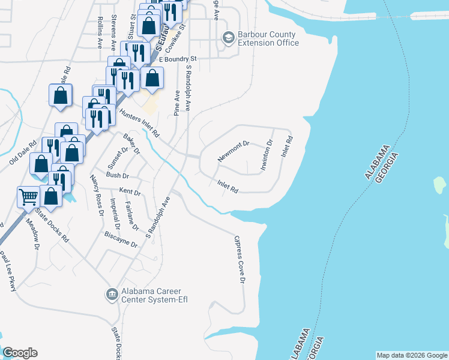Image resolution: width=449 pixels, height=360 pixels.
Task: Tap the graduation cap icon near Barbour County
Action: (228, 38)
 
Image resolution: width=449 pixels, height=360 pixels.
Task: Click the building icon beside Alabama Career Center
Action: (112, 295)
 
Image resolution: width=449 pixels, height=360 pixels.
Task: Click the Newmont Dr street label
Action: (233, 151)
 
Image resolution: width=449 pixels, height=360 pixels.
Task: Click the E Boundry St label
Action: (178, 59)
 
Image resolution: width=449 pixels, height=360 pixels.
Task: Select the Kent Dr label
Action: (130, 192)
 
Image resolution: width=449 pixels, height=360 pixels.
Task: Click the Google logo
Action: (20, 353)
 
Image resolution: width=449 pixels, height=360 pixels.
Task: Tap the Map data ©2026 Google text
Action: (411, 355)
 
